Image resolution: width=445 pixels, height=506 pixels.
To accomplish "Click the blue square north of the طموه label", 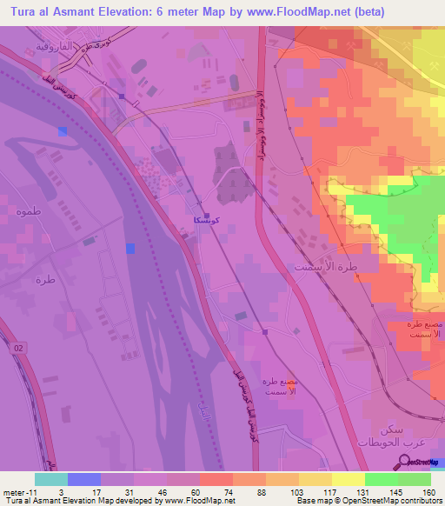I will tap(62, 131).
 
